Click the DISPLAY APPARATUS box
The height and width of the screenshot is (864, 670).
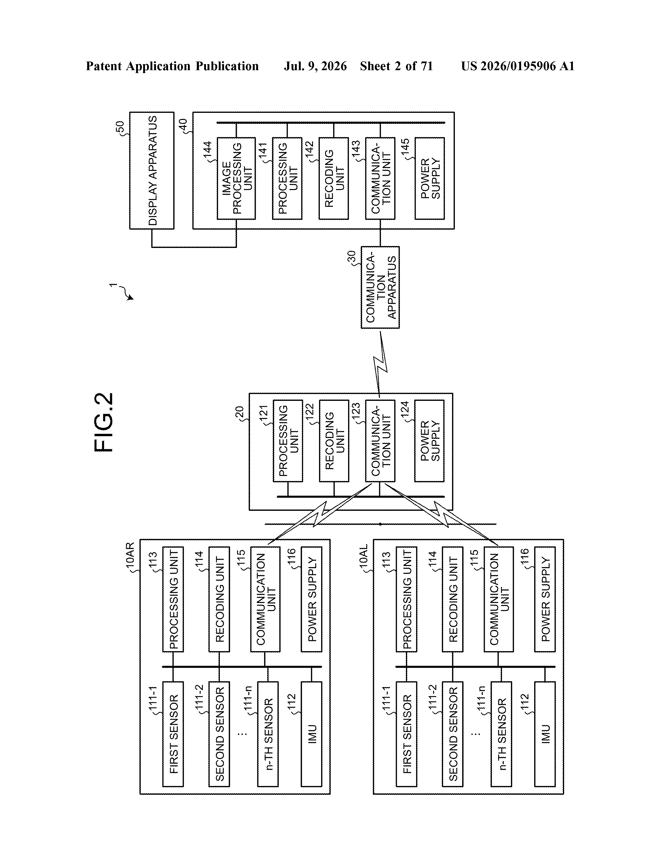coord(152,170)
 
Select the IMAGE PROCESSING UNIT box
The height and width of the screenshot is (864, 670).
coord(236,178)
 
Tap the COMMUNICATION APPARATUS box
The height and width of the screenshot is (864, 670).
coord(380,287)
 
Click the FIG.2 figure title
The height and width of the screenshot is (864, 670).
coord(104,422)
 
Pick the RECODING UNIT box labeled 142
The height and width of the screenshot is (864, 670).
coord(333,178)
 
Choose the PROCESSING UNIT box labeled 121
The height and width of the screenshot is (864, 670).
coord(288,441)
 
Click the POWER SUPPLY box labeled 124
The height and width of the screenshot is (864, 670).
coord(429,441)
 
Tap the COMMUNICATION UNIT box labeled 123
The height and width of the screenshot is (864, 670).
coord(380,441)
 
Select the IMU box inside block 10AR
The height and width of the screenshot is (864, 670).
coord(311,734)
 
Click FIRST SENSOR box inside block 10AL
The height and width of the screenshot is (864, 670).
coord(406,734)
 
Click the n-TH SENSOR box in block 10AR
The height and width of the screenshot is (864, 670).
coord(268,734)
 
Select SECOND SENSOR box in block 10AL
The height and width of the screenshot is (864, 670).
coord(453,734)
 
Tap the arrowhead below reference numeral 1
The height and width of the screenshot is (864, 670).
coord(131,298)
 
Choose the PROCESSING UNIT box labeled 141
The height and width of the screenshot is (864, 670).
coord(287,178)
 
